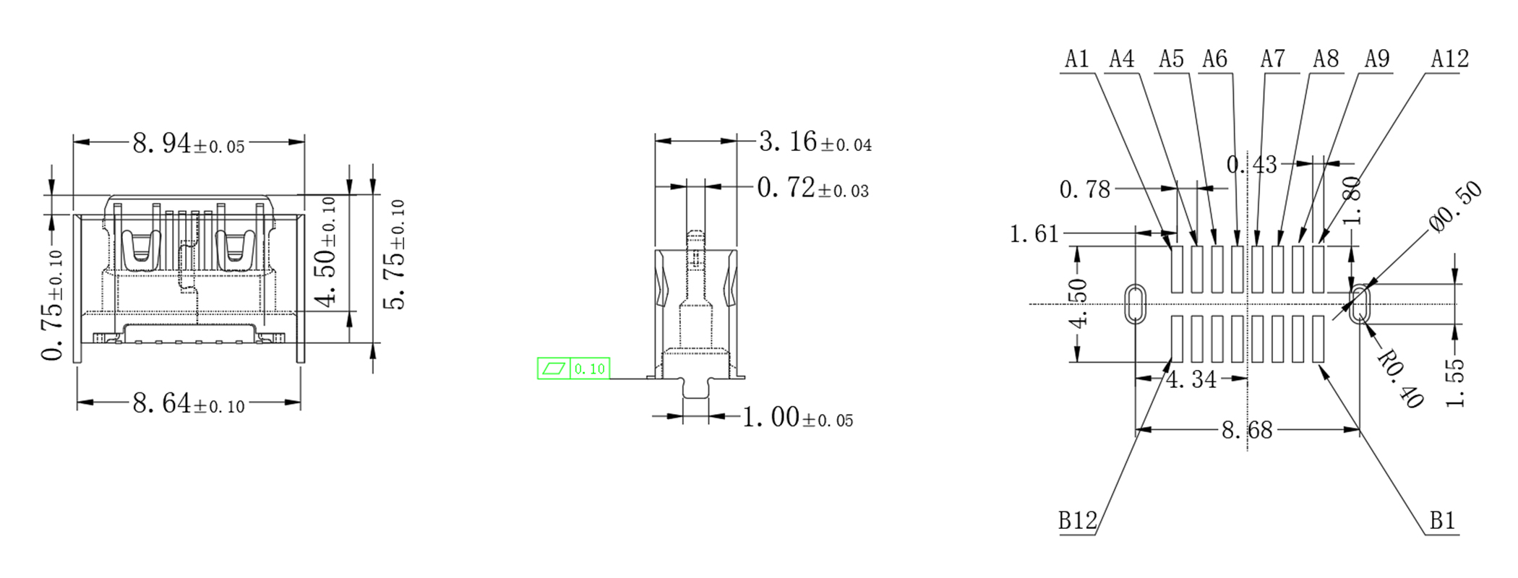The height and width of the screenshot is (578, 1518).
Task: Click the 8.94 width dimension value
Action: click(189, 144)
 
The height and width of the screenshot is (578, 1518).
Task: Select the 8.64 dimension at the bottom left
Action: click(189, 403)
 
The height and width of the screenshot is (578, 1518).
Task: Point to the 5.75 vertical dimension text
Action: click(394, 254)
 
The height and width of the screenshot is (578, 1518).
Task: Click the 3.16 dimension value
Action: click(815, 142)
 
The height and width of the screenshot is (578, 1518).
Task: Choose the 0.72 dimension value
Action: click(813, 188)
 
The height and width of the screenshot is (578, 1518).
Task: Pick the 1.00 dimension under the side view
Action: click(798, 418)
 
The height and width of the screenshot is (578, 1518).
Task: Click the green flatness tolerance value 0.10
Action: click(589, 369)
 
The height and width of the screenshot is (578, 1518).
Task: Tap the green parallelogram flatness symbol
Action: click(554, 368)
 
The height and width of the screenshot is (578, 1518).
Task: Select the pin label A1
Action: click(1077, 59)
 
